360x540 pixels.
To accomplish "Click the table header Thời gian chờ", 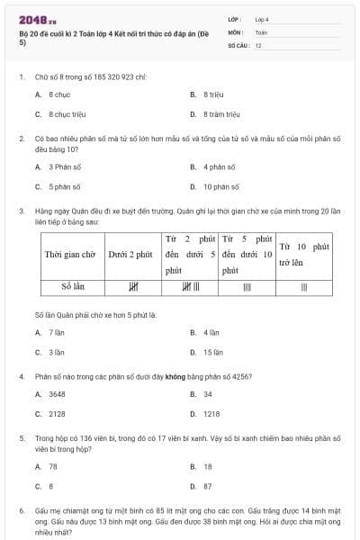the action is [70, 255].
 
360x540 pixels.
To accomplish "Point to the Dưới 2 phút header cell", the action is [130, 255].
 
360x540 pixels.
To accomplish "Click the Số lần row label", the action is [70, 287].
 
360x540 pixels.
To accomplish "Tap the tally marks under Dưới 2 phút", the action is [132, 288].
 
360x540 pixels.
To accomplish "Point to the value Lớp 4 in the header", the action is [262, 18].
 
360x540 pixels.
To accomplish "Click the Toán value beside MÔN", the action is [261, 31].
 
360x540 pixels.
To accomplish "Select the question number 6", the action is [21, 509].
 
